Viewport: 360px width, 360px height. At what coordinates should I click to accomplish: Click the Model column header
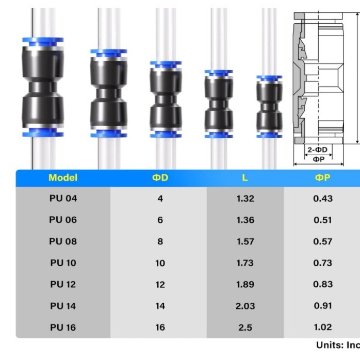pos(63,178)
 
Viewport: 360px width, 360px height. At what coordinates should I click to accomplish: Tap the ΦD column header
pos(160,178)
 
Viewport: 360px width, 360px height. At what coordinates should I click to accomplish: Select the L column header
pos(245,178)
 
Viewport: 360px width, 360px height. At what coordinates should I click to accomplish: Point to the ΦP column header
pos(322,177)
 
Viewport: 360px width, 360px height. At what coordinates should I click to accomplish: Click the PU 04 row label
pos(63,199)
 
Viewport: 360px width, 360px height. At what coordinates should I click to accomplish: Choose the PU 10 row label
pos(63,263)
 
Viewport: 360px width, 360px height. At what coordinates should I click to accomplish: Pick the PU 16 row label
pos(63,328)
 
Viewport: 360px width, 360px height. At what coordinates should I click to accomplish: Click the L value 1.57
pos(245,241)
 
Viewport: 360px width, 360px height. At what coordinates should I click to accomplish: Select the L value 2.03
pos(245,306)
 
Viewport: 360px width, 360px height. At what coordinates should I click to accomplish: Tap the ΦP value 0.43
pos(323,199)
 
